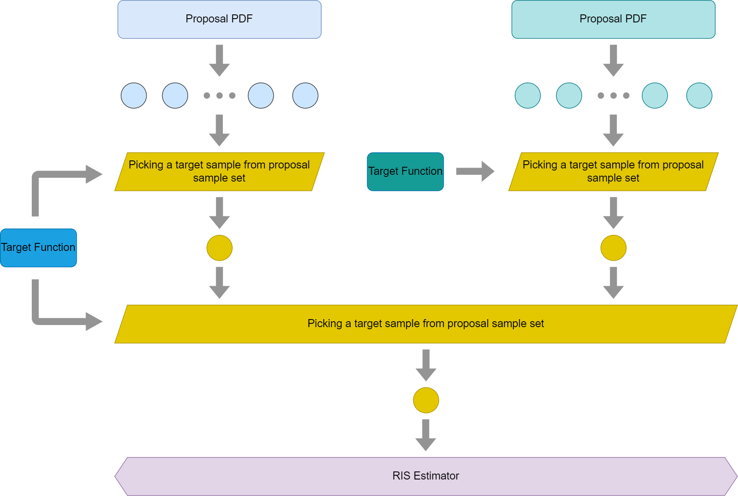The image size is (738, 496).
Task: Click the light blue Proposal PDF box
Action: point(219,19)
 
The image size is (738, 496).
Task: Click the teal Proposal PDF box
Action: point(613,19)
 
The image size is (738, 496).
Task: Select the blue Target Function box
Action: point(39,248)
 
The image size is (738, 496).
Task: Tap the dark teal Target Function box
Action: point(405,172)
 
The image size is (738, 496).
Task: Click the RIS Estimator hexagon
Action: point(426,476)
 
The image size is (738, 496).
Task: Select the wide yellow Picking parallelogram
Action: point(426,324)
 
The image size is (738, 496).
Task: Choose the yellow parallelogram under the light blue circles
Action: point(219,172)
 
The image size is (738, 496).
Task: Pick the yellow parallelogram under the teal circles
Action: point(613,172)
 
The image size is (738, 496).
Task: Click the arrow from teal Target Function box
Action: point(475,171)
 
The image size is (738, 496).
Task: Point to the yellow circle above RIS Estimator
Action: point(426,400)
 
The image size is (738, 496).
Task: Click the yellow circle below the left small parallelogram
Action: point(219,248)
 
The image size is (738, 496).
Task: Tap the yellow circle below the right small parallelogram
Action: point(613,248)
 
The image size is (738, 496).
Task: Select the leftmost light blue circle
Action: point(134,96)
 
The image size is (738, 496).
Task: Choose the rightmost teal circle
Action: point(699,96)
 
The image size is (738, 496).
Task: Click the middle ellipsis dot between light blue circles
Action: point(219,96)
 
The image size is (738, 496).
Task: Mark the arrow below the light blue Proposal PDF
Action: point(219,61)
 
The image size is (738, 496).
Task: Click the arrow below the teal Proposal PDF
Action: point(613,61)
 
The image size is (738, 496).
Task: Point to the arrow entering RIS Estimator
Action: point(426,435)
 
